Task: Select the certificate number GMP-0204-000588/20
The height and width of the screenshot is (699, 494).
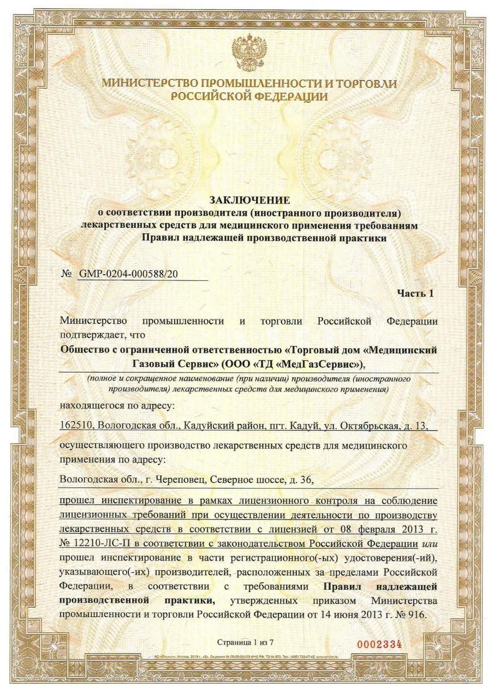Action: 129,273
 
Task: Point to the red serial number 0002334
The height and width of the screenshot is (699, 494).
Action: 379,644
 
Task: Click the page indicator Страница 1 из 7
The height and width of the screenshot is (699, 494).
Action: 247,641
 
